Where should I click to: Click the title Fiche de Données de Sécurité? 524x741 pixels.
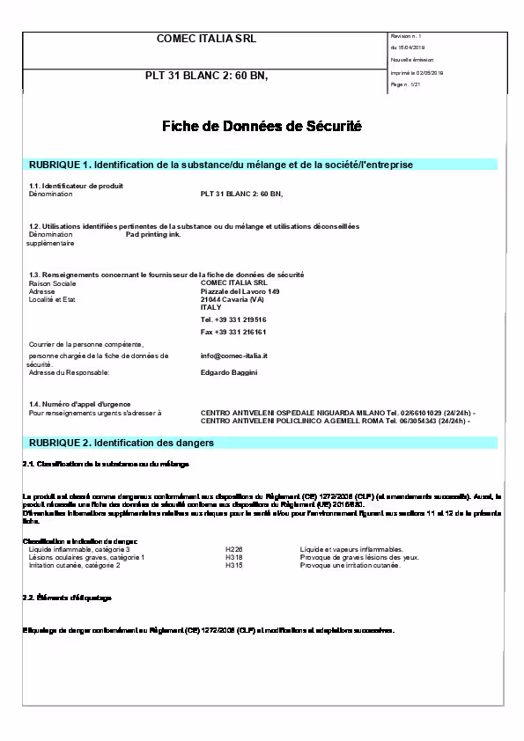point(262,127)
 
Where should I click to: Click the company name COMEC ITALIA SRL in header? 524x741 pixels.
point(206,39)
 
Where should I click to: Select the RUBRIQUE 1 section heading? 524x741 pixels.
point(221,165)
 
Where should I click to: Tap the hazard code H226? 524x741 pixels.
point(233,549)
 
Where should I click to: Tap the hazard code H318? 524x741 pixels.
point(233,557)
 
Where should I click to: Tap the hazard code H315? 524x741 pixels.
point(233,565)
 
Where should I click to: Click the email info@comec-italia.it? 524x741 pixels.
point(233,356)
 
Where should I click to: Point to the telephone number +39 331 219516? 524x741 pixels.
point(233,319)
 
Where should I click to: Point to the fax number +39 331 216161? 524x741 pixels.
point(233,332)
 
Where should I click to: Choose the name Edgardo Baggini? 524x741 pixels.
point(229,372)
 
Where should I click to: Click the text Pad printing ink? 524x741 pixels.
point(153,235)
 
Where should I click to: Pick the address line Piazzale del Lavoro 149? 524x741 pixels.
point(240,291)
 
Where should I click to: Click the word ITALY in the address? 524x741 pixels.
point(211,307)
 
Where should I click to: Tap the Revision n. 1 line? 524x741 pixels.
point(406,35)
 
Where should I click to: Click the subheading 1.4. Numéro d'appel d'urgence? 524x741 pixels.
point(79,403)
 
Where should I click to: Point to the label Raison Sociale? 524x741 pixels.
point(52,283)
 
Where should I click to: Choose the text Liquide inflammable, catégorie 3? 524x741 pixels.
point(79,549)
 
